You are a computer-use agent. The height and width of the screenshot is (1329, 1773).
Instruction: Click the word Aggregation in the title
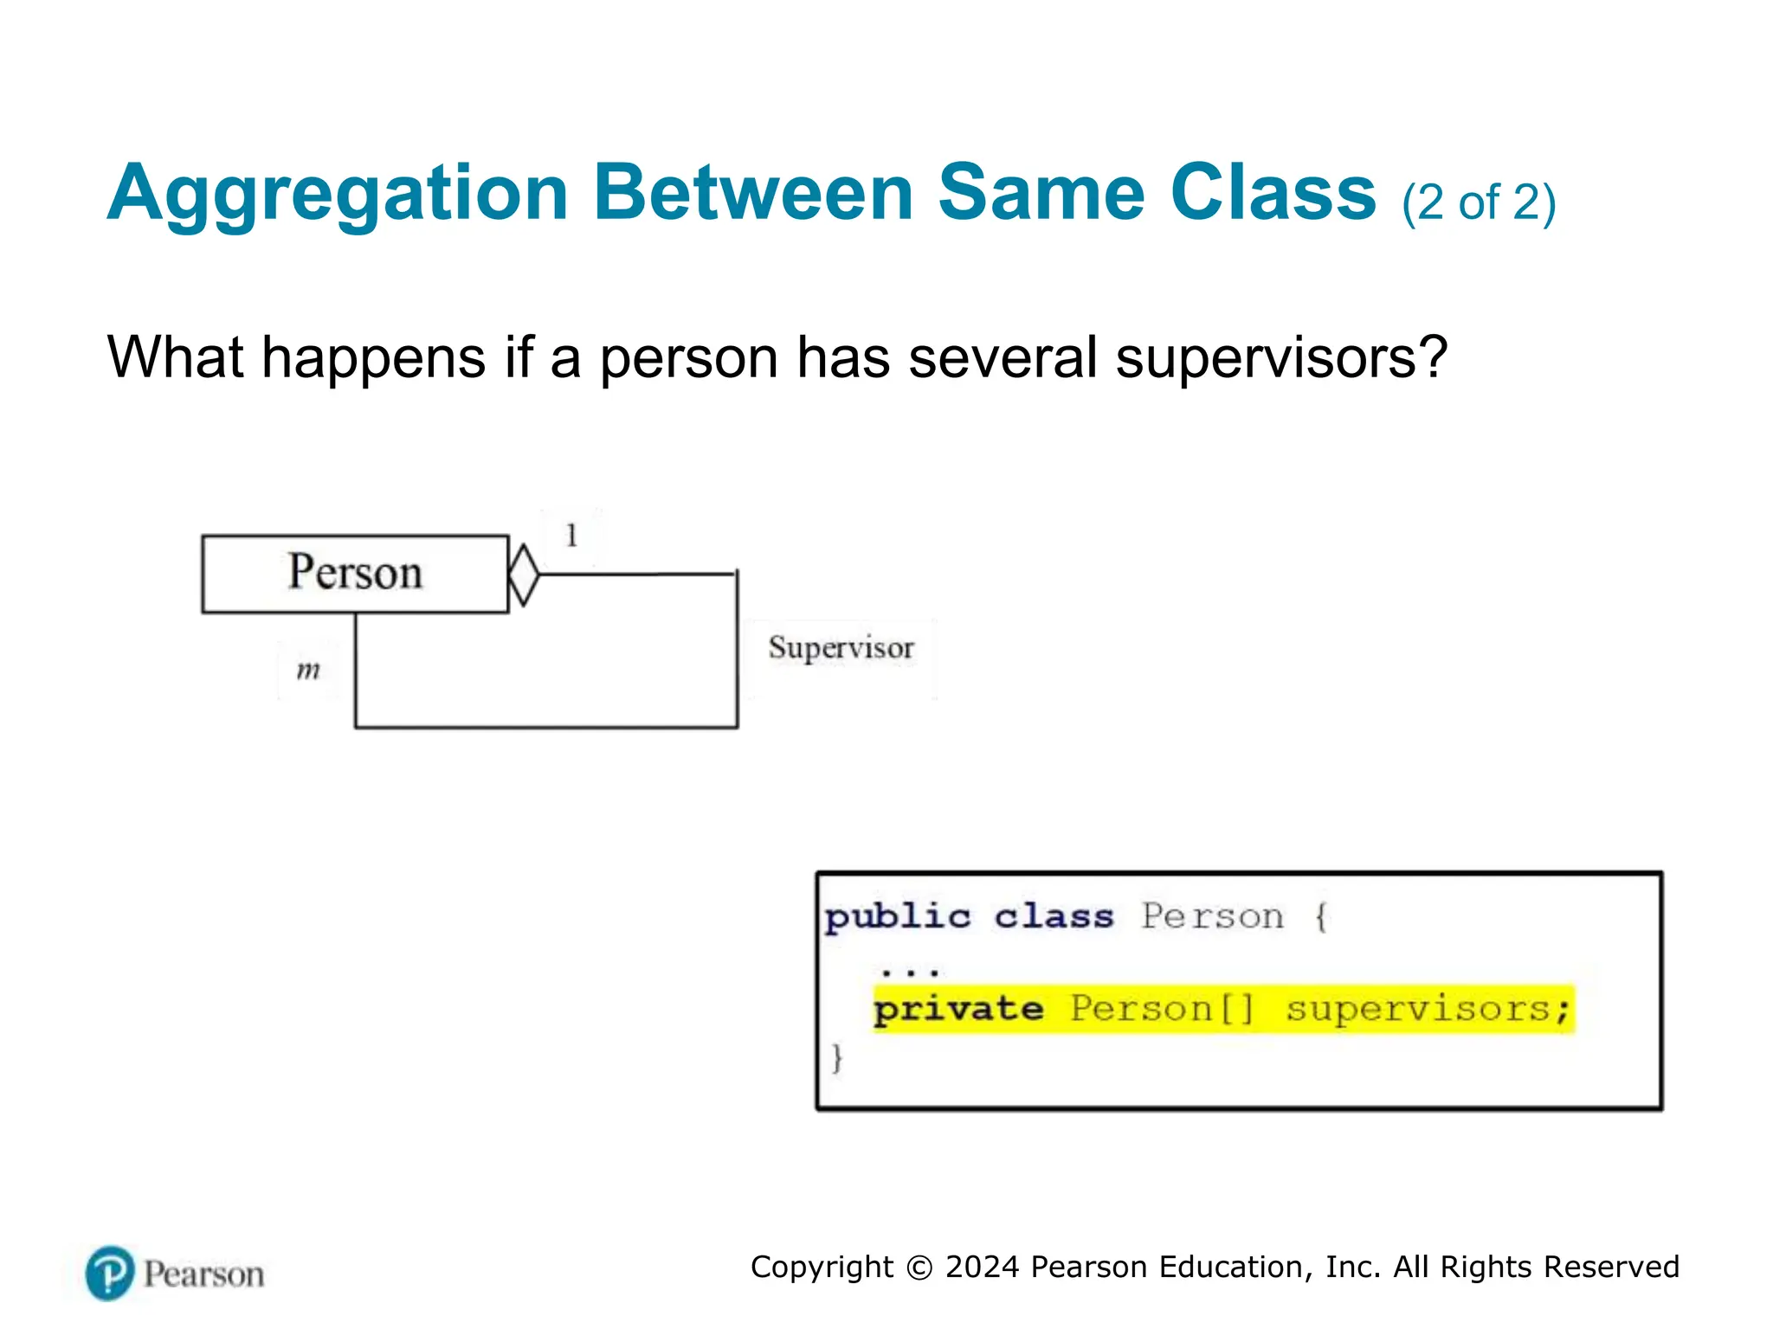(x=338, y=194)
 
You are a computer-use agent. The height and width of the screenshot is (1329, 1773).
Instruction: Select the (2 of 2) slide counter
(x=1479, y=203)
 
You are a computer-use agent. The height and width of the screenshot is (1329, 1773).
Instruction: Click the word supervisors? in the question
(x=1281, y=357)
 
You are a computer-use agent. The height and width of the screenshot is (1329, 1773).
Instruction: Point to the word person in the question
(x=688, y=359)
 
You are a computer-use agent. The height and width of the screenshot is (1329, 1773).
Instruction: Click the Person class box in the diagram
(x=355, y=574)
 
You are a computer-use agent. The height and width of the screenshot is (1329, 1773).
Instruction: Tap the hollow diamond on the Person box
(x=524, y=575)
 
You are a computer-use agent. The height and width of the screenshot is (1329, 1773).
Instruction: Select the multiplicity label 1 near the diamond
(x=571, y=536)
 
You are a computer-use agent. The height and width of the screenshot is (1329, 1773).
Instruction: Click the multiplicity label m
(x=308, y=671)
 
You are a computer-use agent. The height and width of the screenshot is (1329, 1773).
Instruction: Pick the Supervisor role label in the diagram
(x=841, y=648)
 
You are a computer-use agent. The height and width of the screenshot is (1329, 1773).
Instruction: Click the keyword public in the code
(x=898, y=917)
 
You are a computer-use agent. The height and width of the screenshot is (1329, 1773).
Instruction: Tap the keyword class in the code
(x=1054, y=917)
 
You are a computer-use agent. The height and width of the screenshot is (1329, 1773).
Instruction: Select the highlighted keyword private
(x=958, y=1010)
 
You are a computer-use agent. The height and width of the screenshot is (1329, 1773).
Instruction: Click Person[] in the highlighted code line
(x=1162, y=1010)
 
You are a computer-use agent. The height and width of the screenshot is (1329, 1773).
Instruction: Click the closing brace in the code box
(x=836, y=1057)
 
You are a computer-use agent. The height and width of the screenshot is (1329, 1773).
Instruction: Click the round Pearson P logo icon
(x=110, y=1273)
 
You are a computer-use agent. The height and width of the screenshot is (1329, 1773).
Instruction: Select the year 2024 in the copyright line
(x=982, y=1267)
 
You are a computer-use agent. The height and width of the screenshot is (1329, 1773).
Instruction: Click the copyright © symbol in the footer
(x=919, y=1268)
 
